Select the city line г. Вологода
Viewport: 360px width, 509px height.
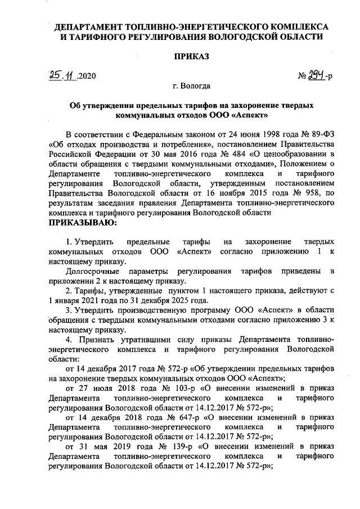tap(192, 86)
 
